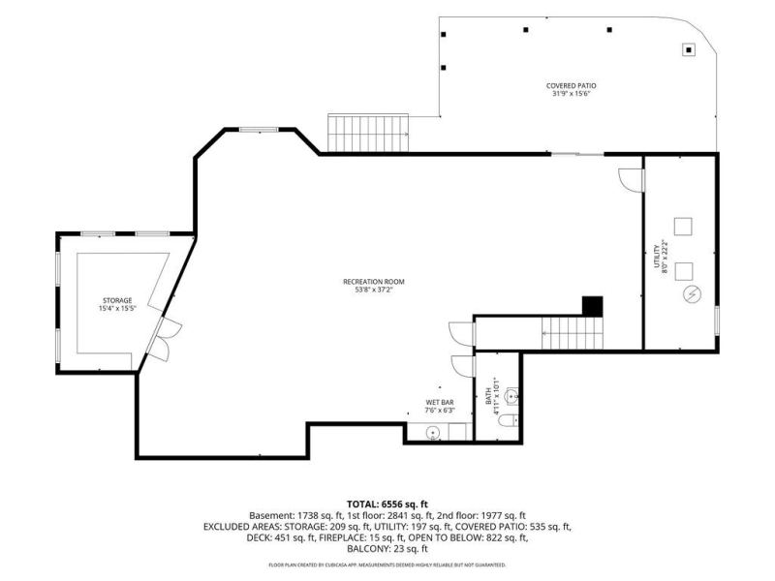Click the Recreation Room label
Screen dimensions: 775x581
pos(374,282)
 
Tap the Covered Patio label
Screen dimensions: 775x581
pos(571,85)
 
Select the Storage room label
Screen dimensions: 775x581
pos(117,300)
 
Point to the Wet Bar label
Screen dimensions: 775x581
pos(440,403)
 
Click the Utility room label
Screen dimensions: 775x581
pos(657,256)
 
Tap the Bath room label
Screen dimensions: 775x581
pos(488,397)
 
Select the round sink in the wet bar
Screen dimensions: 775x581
pos(433,433)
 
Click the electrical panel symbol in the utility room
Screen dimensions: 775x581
pos(692,294)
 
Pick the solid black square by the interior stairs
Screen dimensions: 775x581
pos(593,306)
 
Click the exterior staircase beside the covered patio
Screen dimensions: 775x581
pos(368,133)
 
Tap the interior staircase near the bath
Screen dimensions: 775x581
pos(573,333)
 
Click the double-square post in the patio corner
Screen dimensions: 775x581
pos(689,49)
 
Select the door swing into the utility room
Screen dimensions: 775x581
pos(632,180)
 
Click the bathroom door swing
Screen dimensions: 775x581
pos(463,367)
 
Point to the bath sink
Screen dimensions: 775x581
pos(512,395)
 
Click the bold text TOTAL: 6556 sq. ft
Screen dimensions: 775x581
pos(387,505)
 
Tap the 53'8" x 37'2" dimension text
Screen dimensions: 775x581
pos(374,290)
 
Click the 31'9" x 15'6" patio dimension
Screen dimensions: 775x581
pos(572,93)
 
